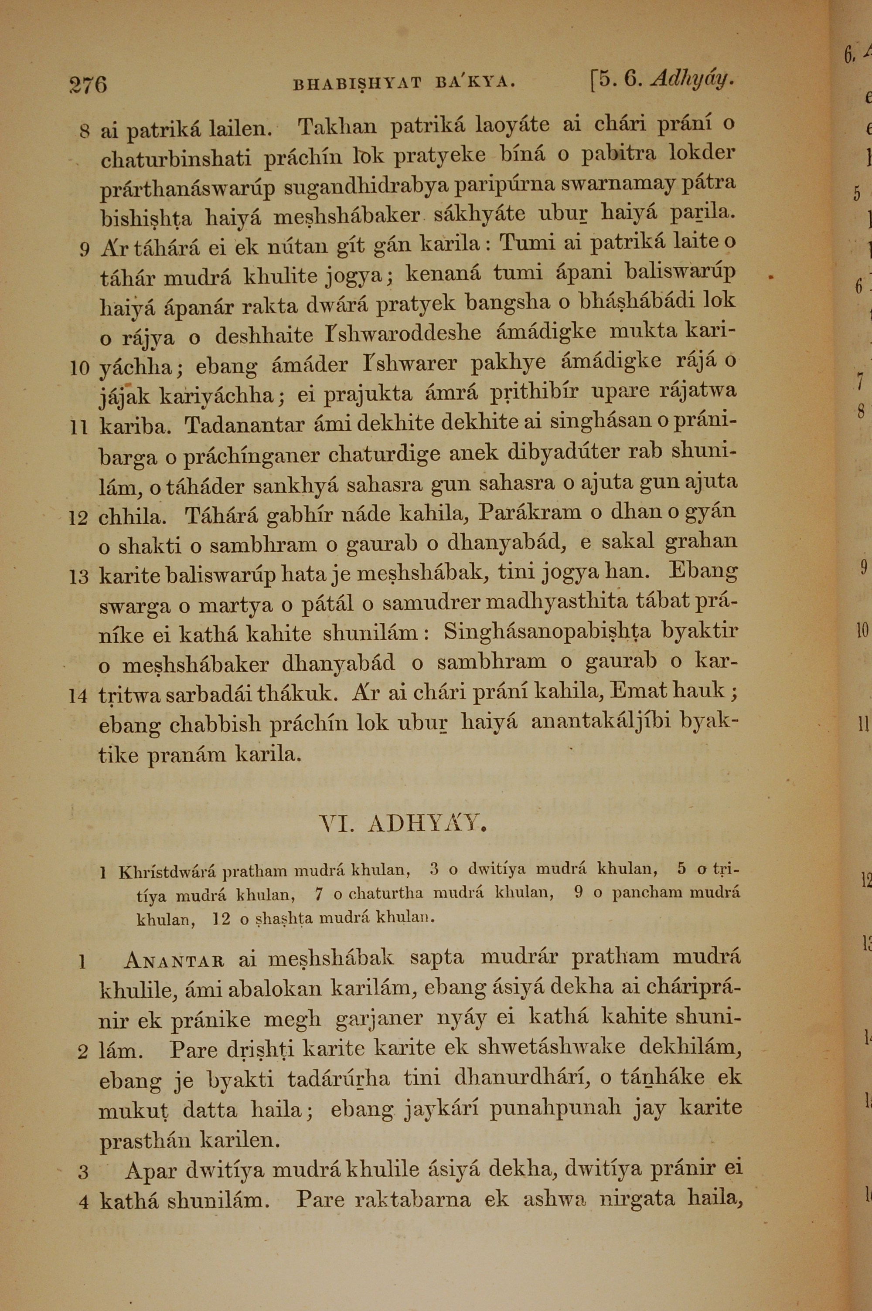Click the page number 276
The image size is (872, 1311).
pos(88,85)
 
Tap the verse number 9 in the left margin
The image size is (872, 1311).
pos(84,250)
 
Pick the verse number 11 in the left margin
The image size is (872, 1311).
pos(79,427)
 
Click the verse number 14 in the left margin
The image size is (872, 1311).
pos(78,696)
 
